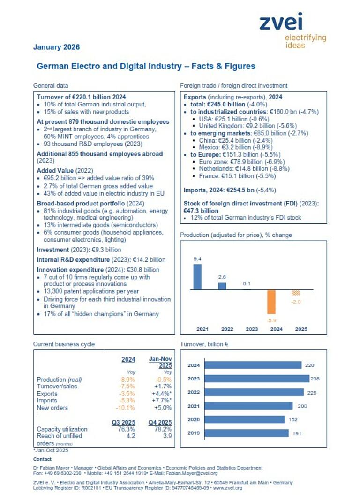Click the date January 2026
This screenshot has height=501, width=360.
tap(56, 47)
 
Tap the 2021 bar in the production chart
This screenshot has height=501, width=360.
tap(197, 277)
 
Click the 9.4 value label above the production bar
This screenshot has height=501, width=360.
tap(197, 258)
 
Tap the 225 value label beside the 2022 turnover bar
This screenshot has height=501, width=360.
tap(311, 392)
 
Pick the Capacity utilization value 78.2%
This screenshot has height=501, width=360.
tap(162, 429)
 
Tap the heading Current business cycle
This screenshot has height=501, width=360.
tap(64, 344)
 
